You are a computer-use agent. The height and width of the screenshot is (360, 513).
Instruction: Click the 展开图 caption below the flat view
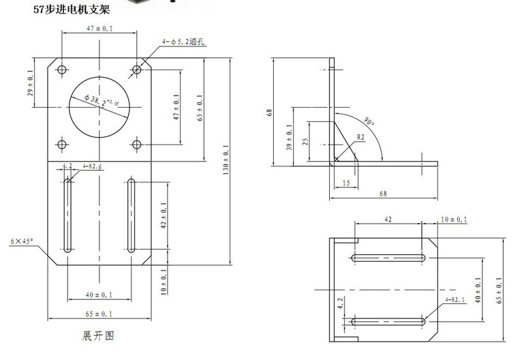tap(96, 335)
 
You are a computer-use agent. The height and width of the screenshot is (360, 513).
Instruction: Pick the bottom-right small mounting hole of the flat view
tap(137, 145)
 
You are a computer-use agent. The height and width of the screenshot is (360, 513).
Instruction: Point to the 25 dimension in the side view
tap(304, 142)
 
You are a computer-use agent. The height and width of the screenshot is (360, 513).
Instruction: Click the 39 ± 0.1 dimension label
tap(289, 136)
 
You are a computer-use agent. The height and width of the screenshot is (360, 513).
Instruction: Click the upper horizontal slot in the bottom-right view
tap(388, 258)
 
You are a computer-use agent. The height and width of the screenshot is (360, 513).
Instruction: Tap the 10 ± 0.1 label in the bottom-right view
tap(454, 220)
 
